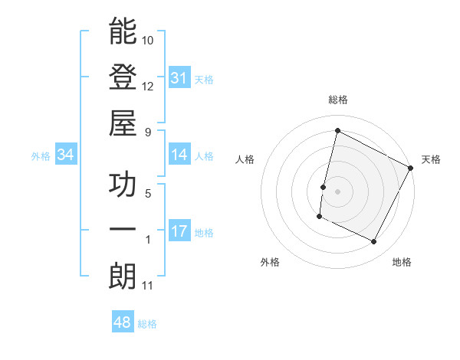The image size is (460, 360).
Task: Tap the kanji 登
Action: point(123,77)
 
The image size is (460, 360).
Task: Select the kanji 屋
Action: point(123,123)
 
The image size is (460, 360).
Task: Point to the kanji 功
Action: point(123,185)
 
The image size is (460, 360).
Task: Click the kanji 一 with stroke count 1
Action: point(123,230)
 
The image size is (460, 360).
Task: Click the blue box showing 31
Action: point(179,78)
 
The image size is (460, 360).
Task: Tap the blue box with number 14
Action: point(179,155)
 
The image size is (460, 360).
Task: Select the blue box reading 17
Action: point(179,231)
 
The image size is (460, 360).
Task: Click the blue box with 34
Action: point(65,155)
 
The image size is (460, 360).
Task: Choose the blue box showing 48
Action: point(123,322)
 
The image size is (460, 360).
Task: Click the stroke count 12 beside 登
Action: point(148,86)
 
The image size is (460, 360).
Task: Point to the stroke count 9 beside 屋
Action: point(148,132)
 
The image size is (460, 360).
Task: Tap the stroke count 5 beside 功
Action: point(148,194)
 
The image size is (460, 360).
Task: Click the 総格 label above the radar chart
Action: point(337,100)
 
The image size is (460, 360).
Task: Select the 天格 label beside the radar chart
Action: point(431,159)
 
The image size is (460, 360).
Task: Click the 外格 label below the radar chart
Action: point(270,262)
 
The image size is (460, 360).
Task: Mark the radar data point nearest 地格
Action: point(374,241)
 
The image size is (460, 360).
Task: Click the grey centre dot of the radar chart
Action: point(337,190)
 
